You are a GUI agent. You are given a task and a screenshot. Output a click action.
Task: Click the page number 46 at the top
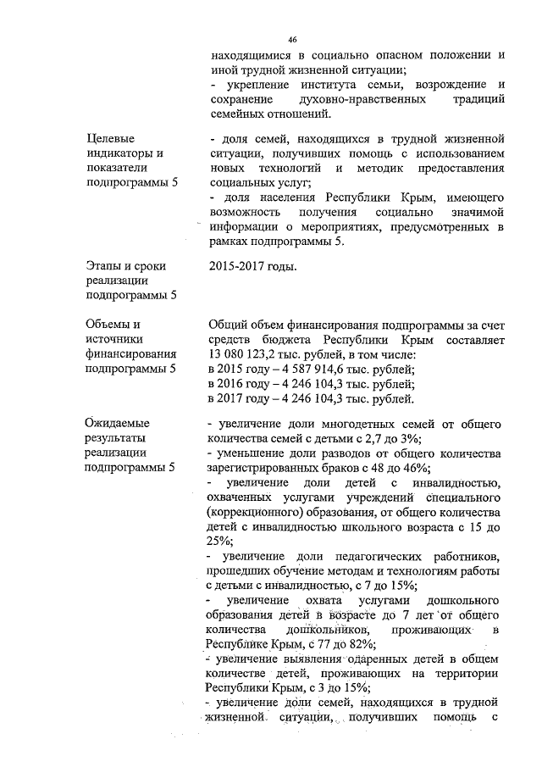click(x=292, y=40)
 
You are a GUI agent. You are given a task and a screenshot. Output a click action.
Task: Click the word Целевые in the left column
click(x=110, y=137)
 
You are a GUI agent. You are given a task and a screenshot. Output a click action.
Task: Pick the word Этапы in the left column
click(x=105, y=266)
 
